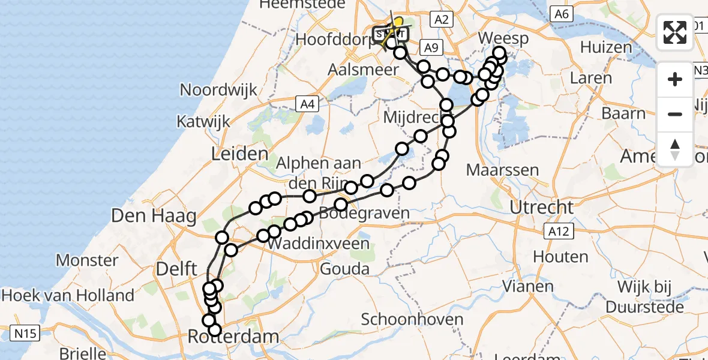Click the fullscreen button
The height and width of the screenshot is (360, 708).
pyautogui.click(x=675, y=32)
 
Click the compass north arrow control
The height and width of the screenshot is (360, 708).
pyautogui.click(x=675, y=149)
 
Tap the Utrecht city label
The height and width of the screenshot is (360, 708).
pyautogui.click(x=541, y=208)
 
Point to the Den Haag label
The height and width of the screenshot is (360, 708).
pyautogui.click(x=145, y=215)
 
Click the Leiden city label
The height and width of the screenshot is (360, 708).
pyautogui.click(x=239, y=154)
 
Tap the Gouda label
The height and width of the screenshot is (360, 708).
pyautogui.click(x=344, y=268)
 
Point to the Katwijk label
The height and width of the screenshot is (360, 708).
pyautogui.click(x=203, y=122)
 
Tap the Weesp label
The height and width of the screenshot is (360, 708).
pyautogui.click(x=504, y=39)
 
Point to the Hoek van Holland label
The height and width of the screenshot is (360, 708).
pyautogui.click(x=67, y=295)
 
